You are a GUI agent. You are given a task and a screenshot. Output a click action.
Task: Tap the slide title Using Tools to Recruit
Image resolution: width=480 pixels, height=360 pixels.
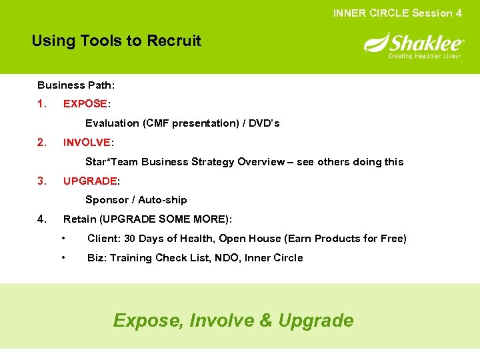pyautogui.click(x=116, y=41)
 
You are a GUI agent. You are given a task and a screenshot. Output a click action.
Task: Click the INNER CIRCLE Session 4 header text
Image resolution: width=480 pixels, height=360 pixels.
pyautogui.click(x=397, y=13)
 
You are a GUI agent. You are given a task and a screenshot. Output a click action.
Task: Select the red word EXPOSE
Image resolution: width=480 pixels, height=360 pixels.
pyautogui.click(x=85, y=104)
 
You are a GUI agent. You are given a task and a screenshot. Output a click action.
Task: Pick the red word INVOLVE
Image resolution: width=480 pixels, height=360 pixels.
pyautogui.click(x=87, y=143)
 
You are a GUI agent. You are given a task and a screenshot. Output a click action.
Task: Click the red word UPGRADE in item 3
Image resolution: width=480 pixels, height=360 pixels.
pyautogui.click(x=90, y=181)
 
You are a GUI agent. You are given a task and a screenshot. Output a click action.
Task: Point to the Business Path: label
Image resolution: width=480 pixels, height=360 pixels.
pyautogui.click(x=76, y=85)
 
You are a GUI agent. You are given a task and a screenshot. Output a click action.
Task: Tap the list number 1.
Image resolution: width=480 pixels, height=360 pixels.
pyautogui.click(x=42, y=104)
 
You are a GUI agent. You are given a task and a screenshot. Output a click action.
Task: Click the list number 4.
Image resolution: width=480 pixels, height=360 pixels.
pyautogui.click(x=42, y=219)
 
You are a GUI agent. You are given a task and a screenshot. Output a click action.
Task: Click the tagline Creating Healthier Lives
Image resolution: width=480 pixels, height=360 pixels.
pyautogui.click(x=425, y=56)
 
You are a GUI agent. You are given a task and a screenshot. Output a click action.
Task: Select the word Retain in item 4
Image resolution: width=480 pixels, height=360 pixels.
pyautogui.click(x=79, y=219)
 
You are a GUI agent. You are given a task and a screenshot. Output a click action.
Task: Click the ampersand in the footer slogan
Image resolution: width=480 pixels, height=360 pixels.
pyautogui.click(x=266, y=321)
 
